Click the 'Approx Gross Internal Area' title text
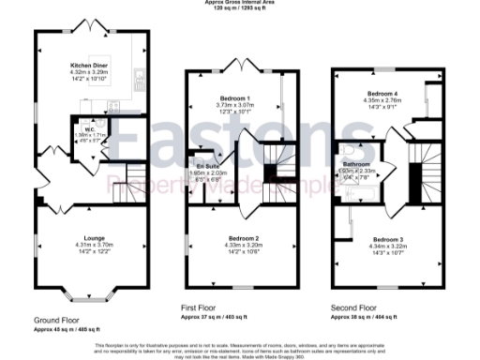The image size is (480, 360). click(239, 3)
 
